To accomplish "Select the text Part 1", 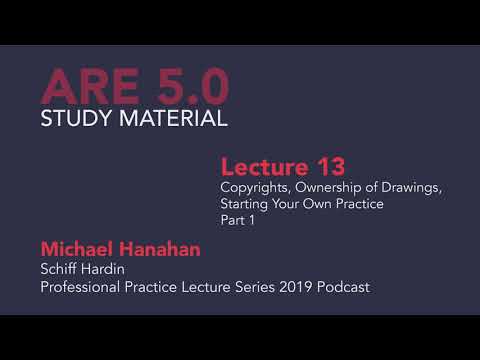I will point(238,222).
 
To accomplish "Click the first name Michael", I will point(78,248).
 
